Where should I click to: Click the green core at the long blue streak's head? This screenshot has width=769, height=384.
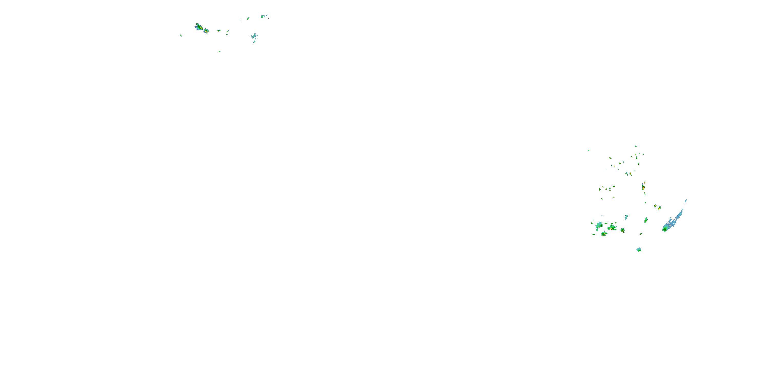point(665,229)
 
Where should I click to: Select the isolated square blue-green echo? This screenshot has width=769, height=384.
point(639,250)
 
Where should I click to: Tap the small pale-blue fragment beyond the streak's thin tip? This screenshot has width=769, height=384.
point(685,201)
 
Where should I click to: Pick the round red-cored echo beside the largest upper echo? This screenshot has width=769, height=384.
point(206,31)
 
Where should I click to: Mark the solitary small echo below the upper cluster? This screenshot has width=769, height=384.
point(219,51)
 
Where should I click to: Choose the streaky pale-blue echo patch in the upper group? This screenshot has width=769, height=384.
point(254,37)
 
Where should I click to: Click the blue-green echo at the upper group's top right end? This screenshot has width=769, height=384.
point(263,16)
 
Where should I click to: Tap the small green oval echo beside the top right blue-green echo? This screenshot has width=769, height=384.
point(248,18)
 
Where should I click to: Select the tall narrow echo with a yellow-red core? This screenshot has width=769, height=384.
point(643,187)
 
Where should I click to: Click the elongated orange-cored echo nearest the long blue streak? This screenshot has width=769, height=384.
point(659,208)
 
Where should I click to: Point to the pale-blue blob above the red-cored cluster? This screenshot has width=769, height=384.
point(626,217)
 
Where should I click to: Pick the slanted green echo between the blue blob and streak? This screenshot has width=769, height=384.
point(646,220)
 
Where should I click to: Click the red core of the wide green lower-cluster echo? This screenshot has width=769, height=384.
point(611,228)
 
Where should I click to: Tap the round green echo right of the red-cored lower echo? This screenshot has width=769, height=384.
point(622,230)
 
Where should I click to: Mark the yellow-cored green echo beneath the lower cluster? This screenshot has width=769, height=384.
point(604,234)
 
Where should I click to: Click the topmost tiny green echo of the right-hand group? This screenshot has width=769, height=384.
point(635,146)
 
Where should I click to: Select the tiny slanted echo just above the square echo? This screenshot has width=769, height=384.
point(641,234)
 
